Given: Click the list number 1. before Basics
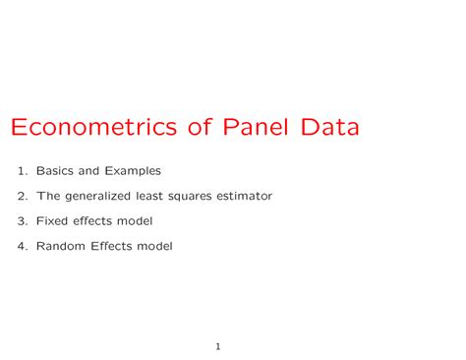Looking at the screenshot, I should coord(23,171).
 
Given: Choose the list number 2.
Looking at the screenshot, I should coord(23,196).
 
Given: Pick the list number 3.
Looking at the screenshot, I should coord(23,221).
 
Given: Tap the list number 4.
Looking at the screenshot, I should coord(23,246).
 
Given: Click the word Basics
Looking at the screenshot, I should coord(54,171).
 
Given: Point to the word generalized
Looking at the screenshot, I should coord(106,196).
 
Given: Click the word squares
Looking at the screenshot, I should coord(199,197).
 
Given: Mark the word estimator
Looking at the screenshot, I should coord(248,196).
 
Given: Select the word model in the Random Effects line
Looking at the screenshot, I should coord(154,246).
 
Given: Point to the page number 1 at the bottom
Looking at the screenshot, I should coord(218,346).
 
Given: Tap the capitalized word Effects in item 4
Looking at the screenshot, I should coord(109,246).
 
